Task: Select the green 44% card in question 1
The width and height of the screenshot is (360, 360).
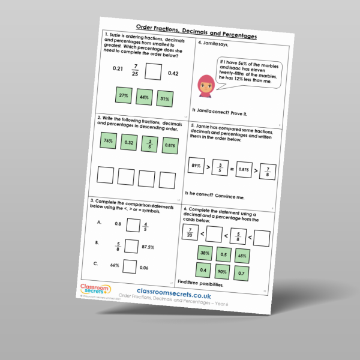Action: (144, 97)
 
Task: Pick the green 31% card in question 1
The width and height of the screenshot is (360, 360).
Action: (164, 98)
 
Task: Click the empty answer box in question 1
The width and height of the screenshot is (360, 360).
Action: (154, 73)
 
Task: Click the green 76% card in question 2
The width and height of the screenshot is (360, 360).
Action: (108, 141)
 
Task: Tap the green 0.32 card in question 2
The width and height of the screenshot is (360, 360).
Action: (128, 143)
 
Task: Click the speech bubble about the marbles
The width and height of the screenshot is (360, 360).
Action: (247, 73)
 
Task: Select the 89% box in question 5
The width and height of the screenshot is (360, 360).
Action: (196, 166)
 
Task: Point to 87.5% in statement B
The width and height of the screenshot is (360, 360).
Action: (149, 247)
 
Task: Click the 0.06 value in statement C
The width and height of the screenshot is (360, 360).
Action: (145, 268)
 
